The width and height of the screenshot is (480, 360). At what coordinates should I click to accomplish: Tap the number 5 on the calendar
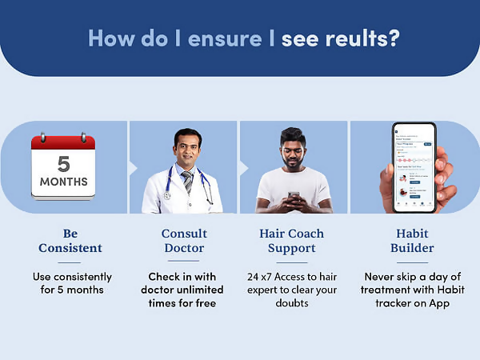pos(63,164)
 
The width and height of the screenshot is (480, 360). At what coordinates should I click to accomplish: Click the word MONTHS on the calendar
pos(63,181)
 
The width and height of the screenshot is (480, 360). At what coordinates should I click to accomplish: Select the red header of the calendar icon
pos(63,143)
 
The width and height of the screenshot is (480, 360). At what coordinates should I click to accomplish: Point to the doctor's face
pos(186,148)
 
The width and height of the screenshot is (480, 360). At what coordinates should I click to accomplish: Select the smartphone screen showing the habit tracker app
pos(414,166)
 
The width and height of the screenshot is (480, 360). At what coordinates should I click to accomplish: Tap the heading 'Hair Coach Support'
pos(294,241)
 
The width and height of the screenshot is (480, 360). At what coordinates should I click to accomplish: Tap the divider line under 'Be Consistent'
pos(70,262)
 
